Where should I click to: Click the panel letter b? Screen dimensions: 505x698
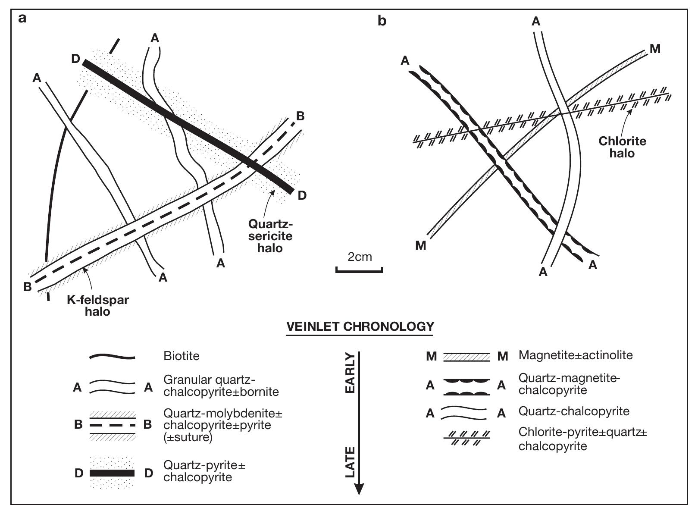tap(382, 20)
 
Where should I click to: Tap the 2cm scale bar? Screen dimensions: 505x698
tap(360, 270)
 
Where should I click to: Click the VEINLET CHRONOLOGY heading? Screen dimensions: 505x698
tap(360, 326)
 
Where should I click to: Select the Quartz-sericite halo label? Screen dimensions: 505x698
tap(270, 236)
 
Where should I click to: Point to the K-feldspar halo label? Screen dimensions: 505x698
tap(97, 305)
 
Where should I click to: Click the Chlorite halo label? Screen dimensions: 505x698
tap(622, 147)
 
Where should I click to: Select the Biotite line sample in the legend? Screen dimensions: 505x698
tap(112, 357)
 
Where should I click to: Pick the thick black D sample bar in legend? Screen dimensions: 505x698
tap(112, 473)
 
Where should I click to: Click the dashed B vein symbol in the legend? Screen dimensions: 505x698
tap(113, 425)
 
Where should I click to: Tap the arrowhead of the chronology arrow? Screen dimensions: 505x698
tap(359, 489)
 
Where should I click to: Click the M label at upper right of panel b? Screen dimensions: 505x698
tap(655, 49)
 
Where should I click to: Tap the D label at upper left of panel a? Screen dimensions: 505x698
tap(76, 59)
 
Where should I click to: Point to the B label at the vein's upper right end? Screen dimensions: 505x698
tap(300, 116)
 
